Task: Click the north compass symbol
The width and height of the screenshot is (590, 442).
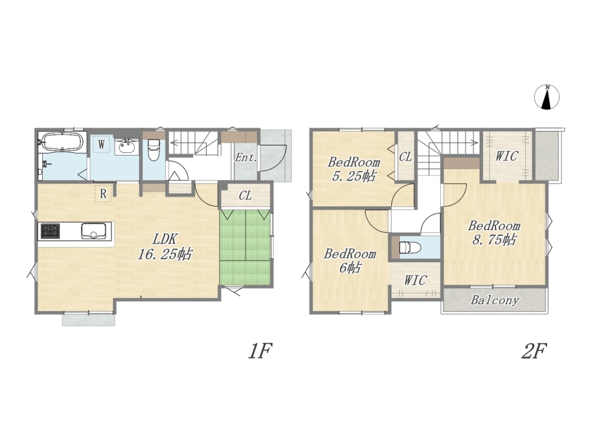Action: tap(547, 97)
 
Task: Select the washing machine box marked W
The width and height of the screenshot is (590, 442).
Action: tap(101, 144)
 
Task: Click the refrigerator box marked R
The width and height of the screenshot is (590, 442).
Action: tap(103, 193)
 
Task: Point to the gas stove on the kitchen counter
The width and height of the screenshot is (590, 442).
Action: tap(50, 230)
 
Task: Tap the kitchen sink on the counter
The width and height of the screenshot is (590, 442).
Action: tap(94, 230)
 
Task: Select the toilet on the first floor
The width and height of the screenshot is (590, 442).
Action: tap(154, 150)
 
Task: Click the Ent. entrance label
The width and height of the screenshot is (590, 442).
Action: tap(245, 157)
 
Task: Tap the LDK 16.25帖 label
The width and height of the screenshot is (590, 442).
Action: tap(164, 246)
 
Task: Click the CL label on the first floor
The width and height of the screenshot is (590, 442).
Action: tap(245, 196)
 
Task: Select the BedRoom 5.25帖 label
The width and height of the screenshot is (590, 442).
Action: tap(353, 169)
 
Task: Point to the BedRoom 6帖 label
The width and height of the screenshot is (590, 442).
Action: tap(350, 260)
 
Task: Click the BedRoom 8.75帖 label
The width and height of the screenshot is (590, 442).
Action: tap(494, 232)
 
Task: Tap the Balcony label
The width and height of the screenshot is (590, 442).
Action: tap(494, 300)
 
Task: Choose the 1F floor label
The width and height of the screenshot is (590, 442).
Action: tap(259, 351)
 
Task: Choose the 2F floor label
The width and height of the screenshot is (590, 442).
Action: tap(534, 351)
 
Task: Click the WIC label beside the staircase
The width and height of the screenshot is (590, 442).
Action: tap(507, 156)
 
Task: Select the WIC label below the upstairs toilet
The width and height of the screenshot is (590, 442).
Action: tap(415, 280)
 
